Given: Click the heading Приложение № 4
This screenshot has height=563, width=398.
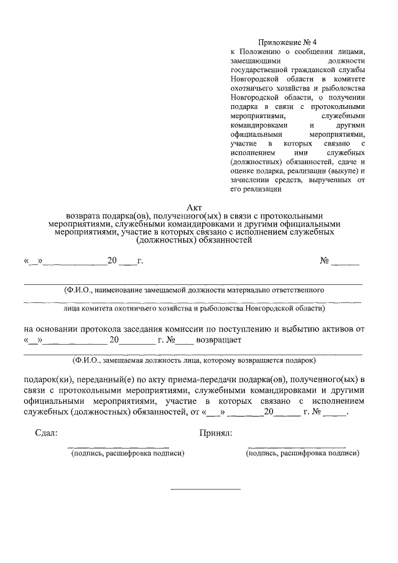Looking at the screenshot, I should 282,42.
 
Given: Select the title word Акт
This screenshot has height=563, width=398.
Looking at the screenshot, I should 194,208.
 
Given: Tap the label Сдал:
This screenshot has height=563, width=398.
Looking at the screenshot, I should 46,434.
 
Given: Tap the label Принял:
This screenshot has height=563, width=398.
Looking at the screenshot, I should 216,434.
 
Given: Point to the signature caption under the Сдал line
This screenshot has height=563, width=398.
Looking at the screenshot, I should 126,454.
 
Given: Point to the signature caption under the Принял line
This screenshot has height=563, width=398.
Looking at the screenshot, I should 302,454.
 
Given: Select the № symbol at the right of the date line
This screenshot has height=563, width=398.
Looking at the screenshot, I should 324,261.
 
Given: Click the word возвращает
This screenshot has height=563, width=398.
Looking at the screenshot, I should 220,340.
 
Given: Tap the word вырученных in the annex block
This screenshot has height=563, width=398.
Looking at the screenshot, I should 330,180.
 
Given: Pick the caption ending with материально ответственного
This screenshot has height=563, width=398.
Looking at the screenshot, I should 193,290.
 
